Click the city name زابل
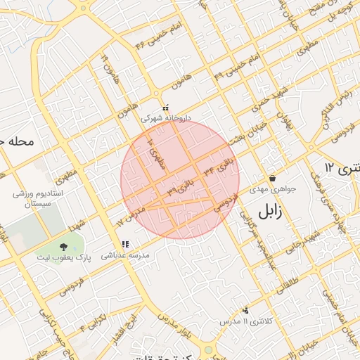pos(273,212)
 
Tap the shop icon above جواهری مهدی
pos(272,178)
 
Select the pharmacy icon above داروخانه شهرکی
pos(165,108)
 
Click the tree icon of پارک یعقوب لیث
pos(64,246)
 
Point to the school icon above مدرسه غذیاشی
pos(125,245)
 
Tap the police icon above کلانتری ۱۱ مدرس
pos(245,309)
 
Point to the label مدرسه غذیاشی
pos(125,257)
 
